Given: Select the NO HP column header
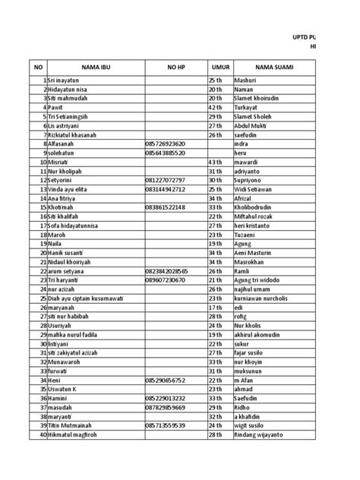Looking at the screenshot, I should pos(176,68).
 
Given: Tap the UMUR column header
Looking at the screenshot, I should pos(220,68).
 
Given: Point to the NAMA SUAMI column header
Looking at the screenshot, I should pos(274,68).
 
